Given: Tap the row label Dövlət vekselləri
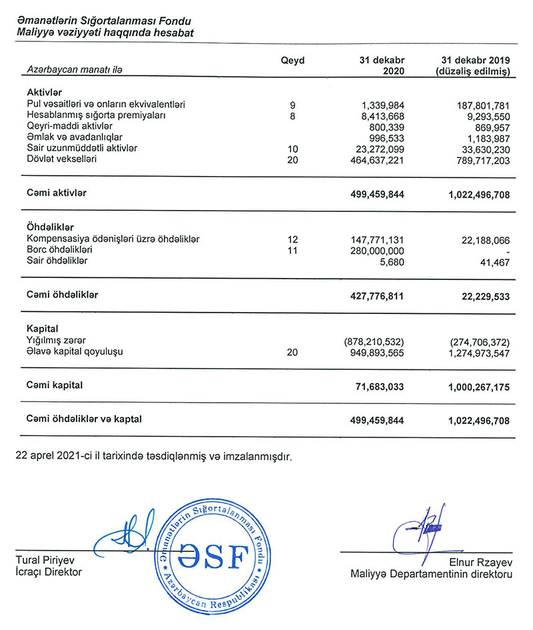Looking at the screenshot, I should point(62,159).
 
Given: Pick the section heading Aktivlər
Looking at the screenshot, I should point(45,93).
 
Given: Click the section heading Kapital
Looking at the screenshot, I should point(43,329).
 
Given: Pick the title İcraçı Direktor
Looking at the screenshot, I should point(49,571).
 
